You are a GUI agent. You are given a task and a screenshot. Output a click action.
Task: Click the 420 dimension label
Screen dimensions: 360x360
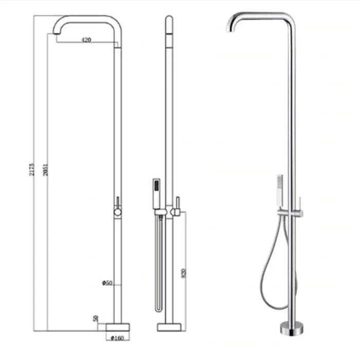click(86, 40)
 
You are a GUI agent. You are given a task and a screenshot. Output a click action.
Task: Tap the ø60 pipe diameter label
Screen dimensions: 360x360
click(107, 282)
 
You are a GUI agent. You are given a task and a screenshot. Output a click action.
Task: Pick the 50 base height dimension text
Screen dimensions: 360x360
click(96, 319)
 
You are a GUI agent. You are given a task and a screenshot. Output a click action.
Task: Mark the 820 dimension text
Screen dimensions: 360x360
click(184, 273)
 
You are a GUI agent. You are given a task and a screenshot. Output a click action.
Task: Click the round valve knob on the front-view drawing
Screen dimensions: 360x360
click(118, 211)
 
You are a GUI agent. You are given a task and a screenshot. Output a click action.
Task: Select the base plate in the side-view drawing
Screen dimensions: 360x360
click(169, 327)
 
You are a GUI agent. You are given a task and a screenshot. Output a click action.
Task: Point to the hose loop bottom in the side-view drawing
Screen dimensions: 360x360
click(159, 309)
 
